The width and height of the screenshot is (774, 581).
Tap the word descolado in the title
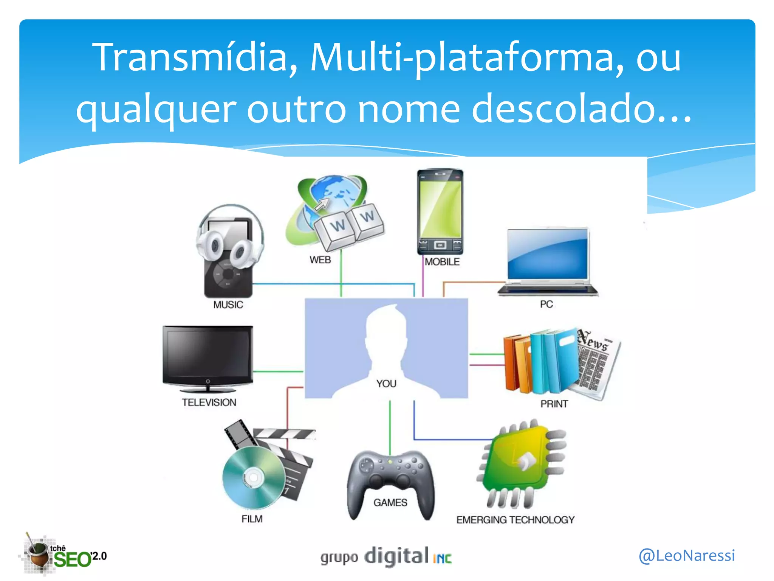pyautogui.click(x=582, y=110)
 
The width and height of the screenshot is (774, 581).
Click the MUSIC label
pyautogui.click(x=228, y=305)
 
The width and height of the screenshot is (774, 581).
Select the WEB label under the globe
pyautogui.click(x=320, y=260)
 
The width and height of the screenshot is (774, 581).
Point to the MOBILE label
pyautogui.click(x=442, y=262)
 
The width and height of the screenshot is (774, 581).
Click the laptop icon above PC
pyautogui.click(x=548, y=261)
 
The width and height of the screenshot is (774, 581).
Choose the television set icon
pyautogui.click(x=207, y=358)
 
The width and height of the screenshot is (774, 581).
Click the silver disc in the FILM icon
pyautogui.click(x=253, y=477)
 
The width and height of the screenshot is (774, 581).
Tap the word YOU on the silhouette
pyautogui.click(x=386, y=384)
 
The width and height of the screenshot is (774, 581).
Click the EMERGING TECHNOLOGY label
pyautogui.click(x=515, y=520)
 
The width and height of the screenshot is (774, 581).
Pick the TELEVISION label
pyautogui.click(x=209, y=402)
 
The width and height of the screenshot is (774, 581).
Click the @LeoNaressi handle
pyautogui.click(x=687, y=555)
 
